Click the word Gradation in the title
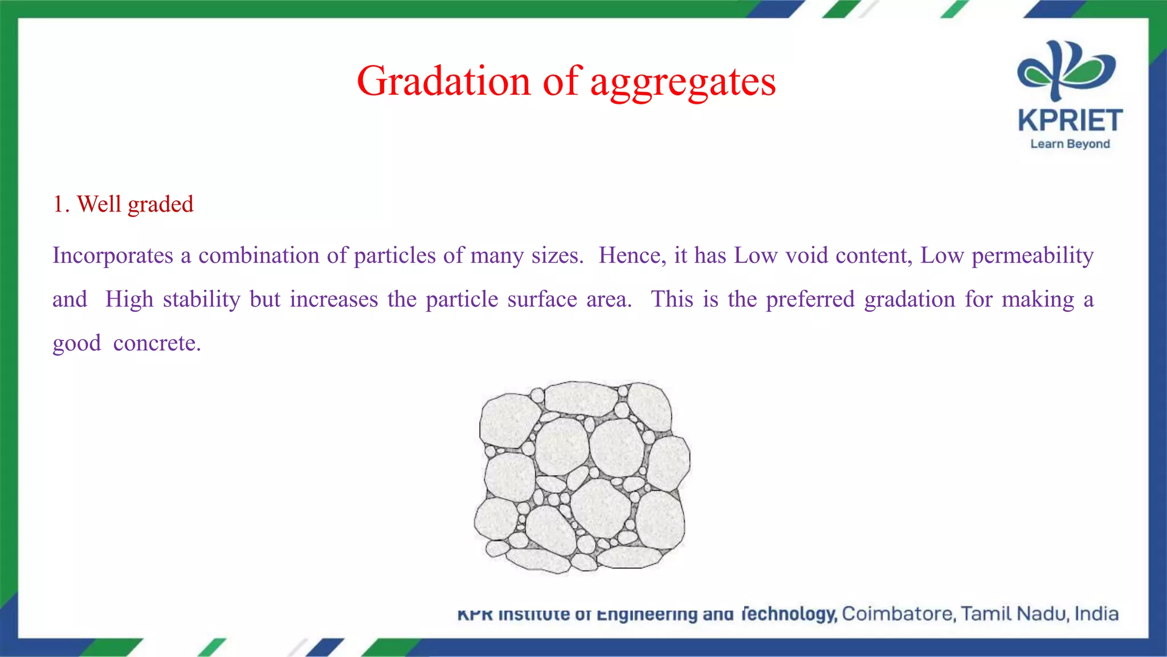pyautogui.click(x=444, y=82)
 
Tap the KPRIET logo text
pyautogui.click(x=1070, y=121)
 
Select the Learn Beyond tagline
pyautogui.click(x=1070, y=144)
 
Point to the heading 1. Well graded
pyautogui.click(x=123, y=204)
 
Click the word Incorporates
pyautogui.click(x=113, y=255)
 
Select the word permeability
pyautogui.click(x=1032, y=255)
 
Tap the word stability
pyautogui.click(x=202, y=299)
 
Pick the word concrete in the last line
pyautogui.click(x=157, y=343)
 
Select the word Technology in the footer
pyautogui.click(x=789, y=614)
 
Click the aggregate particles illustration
pyautogui.click(x=582, y=477)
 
